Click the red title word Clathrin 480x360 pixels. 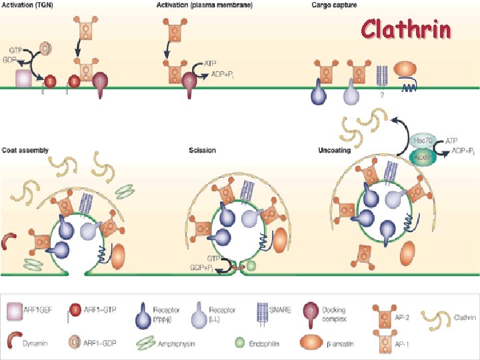click(x=406, y=29)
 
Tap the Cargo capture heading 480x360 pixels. click(x=334, y=5)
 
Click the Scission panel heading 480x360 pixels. click(x=202, y=151)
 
